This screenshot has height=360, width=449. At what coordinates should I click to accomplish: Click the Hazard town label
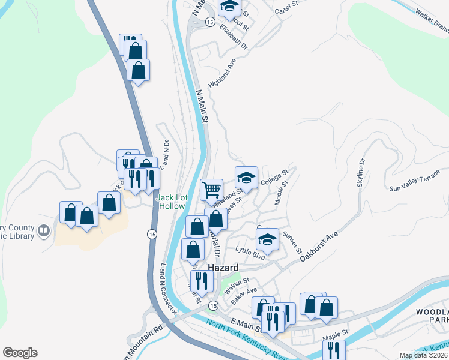click(x=223, y=267)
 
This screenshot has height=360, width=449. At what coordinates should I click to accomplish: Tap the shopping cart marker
click(x=211, y=190)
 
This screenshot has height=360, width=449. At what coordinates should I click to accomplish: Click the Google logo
click(x=20, y=353)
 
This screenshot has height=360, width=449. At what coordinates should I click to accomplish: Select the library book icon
click(x=43, y=230)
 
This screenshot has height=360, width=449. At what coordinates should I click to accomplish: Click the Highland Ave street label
click(x=222, y=77)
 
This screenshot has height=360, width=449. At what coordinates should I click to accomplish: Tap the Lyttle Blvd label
click(x=250, y=254)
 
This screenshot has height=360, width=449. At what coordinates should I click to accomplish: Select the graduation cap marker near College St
click(x=246, y=177)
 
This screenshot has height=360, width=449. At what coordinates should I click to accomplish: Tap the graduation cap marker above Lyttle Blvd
click(x=267, y=239)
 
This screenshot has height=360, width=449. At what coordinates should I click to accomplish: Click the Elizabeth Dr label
click(x=233, y=37)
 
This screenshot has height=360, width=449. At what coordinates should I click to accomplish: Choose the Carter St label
click(x=286, y=8)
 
